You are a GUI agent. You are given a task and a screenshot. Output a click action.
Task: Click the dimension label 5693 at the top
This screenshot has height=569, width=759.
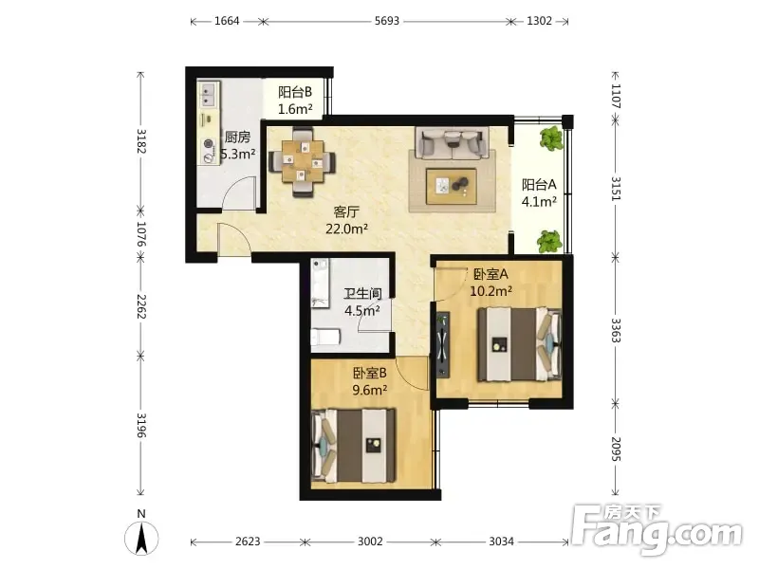tap(387, 21)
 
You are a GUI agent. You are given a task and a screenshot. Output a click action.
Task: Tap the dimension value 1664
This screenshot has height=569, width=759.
tap(227, 21)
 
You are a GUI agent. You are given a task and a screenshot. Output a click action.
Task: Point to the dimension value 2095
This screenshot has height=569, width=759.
tap(615, 449)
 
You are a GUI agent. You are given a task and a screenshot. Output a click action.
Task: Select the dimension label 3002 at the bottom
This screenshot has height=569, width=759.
tap(370, 541)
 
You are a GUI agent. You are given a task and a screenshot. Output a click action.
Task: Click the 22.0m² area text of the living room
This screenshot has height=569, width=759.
tap(346, 229)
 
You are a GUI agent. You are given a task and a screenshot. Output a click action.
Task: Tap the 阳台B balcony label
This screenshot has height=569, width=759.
tap(295, 92)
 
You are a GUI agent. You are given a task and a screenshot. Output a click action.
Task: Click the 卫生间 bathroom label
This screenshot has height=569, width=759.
tap(362, 294)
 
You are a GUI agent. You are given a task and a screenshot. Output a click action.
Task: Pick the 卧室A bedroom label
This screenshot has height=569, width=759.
tap(491, 274)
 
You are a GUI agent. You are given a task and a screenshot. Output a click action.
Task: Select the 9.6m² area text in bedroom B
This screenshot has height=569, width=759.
tap(369, 390)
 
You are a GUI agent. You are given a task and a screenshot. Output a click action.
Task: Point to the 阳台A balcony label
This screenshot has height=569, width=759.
tap(539, 184)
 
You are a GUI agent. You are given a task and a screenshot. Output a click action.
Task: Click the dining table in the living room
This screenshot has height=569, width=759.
tap(303, 161)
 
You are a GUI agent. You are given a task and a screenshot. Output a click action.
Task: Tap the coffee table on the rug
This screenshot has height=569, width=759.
tap(452, 186)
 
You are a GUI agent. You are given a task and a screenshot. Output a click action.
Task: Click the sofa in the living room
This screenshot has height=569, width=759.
tap(453, 142)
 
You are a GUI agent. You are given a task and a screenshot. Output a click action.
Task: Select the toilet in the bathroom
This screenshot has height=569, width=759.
tap(324, 337)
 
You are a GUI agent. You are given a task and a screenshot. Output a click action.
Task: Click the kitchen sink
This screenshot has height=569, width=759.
tap(209, 94)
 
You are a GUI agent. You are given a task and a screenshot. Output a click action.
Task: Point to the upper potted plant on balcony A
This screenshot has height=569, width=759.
tap(551, 138)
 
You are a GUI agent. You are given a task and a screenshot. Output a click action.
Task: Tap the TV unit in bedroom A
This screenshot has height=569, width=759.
tap(443, 344)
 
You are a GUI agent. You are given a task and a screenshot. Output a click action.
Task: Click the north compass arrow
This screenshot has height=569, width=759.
tap(141, 539)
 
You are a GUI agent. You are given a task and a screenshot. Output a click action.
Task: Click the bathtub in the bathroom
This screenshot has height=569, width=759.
tap(320, 283)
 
